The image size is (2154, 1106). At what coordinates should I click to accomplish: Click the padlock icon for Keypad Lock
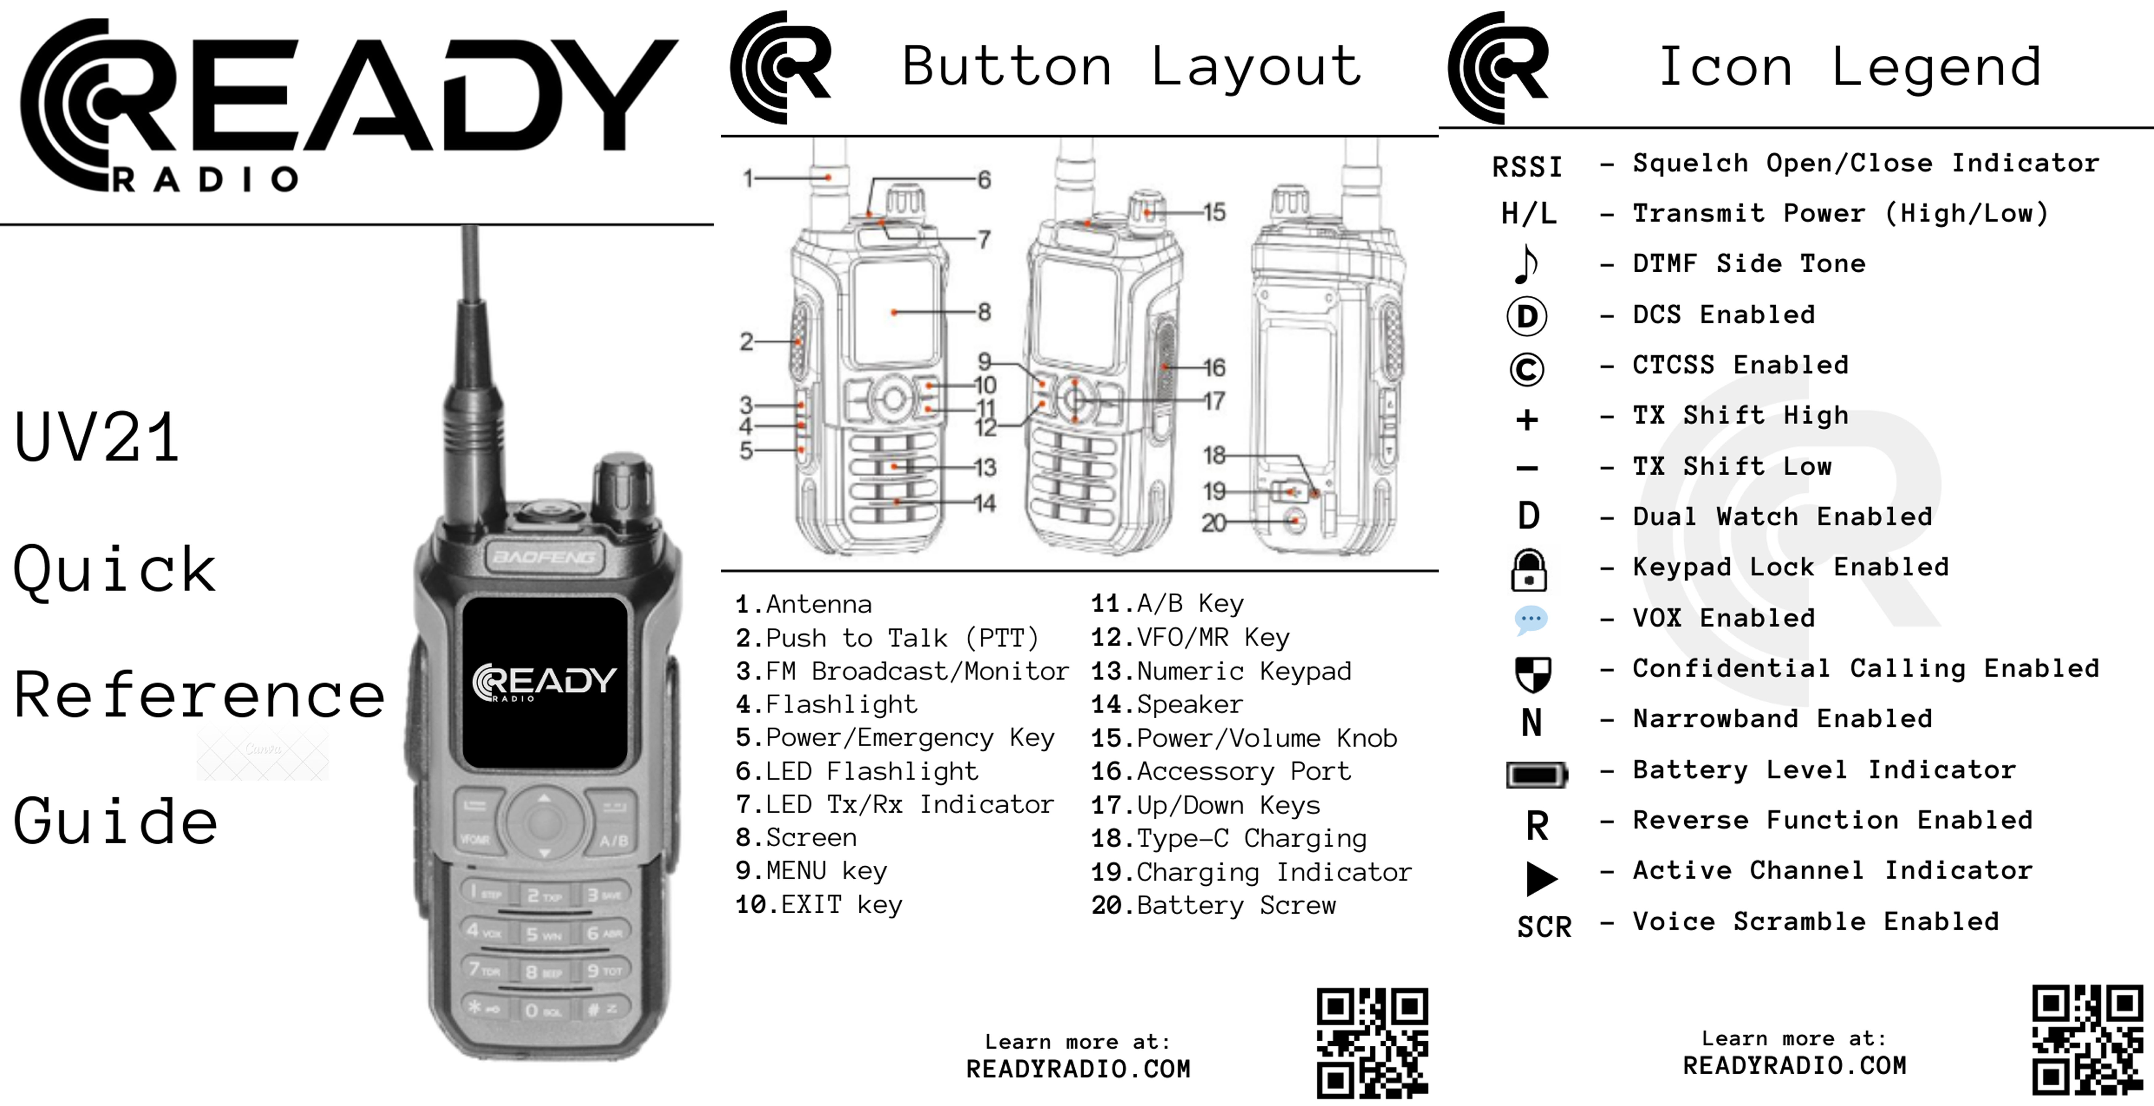click(x=1528, y=570)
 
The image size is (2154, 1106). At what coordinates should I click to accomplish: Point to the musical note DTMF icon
click(x=1526, y=264)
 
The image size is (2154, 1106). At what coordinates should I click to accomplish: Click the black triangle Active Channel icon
click(x=1541, y=878)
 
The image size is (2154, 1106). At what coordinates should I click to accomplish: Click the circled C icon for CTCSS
click(x=1527, y=369)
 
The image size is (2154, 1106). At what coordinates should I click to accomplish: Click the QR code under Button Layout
click(x=1372, y=1043)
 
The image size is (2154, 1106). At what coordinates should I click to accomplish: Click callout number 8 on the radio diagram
click(x=984, y=312)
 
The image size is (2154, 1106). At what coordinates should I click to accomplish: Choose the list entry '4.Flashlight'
click(x=826, y=705)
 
